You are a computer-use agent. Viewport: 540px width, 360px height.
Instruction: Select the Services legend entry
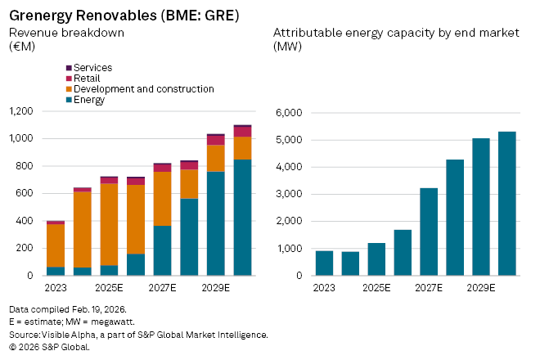92,67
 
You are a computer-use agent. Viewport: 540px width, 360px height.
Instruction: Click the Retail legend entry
88,78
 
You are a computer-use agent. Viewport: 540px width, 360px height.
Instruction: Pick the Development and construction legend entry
143,88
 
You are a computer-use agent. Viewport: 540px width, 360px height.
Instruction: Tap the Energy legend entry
89,99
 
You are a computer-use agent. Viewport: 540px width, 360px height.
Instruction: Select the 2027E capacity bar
429,232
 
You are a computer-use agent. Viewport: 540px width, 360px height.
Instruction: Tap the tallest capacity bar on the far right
507,203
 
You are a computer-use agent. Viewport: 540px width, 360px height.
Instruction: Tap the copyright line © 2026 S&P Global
48,347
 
